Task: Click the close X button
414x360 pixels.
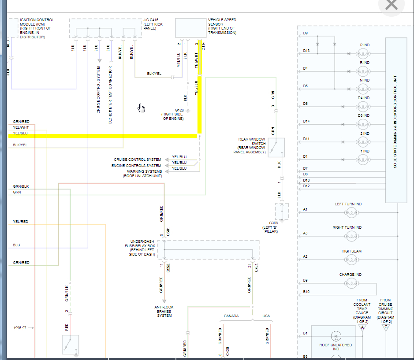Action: [x=391, y=5]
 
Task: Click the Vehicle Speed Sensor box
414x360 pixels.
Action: [x=190, y=28]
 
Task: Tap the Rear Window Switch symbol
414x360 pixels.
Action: [x=276, y=147]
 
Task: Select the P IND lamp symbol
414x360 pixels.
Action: [x=364, y=54]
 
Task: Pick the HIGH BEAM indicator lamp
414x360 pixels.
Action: [x=351, y=260]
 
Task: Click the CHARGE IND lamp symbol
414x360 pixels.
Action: [x=351, y=283]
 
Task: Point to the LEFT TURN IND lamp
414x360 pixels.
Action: [x=351, y=213]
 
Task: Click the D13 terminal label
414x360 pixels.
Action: [x=306, y=51]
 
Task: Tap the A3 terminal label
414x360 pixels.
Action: [x=305, y=233]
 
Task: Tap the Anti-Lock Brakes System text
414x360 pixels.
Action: [x=164, y=312]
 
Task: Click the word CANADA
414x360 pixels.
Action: [x=231, y=316]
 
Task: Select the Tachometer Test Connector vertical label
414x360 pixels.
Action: [x=110, y=95]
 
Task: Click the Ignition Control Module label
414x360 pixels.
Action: [x=37, y=29]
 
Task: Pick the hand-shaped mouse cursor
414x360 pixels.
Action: [x=141, y=108]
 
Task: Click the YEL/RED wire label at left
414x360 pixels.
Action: [x=21, y=222]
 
